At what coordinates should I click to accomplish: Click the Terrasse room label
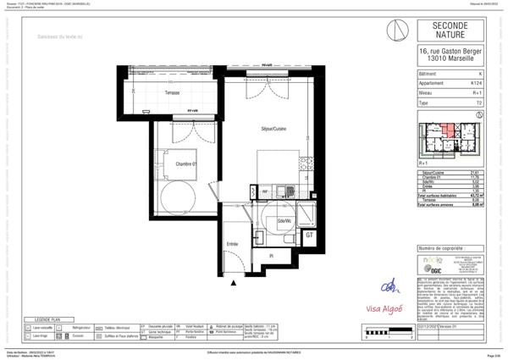point(172,91)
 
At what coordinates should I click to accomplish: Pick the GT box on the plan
point(310,235)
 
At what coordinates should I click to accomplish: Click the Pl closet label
point(270,255)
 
